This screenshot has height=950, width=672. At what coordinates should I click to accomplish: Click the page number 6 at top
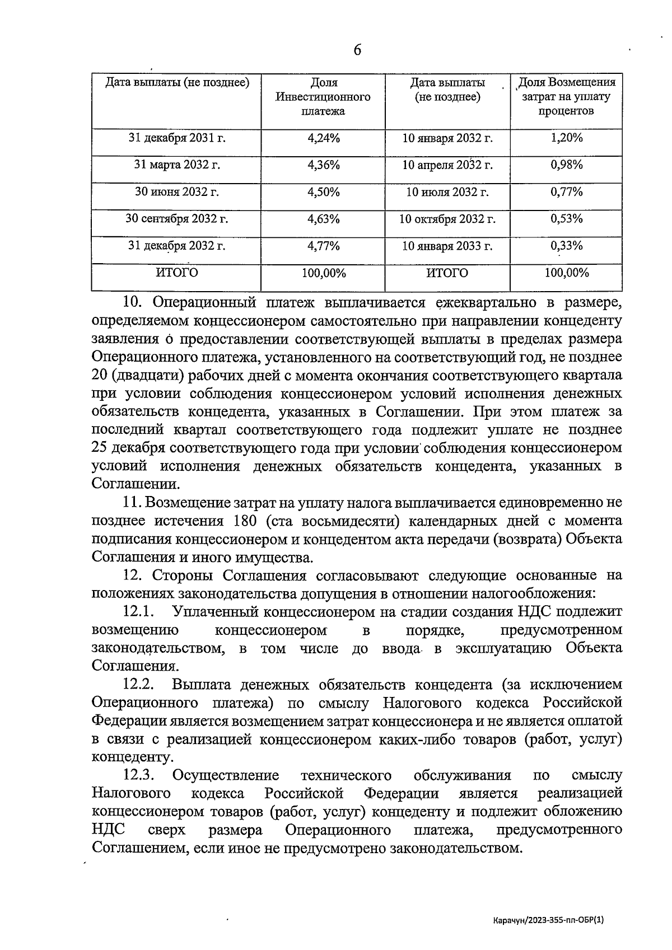click(357, 50)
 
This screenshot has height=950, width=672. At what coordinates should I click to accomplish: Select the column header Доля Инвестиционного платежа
click(323, 97)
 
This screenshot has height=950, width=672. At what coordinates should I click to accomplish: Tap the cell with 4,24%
click(323, 138)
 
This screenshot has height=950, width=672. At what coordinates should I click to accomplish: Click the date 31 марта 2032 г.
click(176, 165)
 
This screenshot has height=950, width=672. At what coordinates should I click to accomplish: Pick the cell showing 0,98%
click(566, 165)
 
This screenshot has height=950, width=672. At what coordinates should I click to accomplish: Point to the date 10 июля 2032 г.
click(447, 192)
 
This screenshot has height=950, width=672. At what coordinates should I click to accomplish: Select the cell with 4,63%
click(323, 219)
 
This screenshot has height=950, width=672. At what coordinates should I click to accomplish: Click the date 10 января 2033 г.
click(447, 246)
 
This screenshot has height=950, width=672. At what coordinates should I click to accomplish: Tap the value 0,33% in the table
click(566, 246)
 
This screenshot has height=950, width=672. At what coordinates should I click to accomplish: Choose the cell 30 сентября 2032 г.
click(176, 219)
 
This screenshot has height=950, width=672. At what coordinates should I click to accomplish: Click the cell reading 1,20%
click(566, 138)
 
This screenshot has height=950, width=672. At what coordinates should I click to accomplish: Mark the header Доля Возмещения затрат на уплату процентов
click(566, 97)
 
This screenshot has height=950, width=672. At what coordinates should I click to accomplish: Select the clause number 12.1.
click(138, 612)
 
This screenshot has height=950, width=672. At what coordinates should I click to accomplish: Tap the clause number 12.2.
click(138, 685)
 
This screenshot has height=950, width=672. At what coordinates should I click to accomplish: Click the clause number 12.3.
click(138, 775)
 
